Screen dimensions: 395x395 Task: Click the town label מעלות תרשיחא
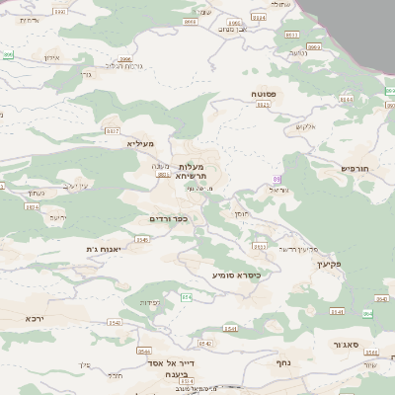tap(189, 170)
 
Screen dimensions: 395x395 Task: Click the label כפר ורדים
tap(168, 218)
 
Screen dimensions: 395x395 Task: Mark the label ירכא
tap(36, 320)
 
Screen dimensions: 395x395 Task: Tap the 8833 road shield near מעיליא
tap(112, 130)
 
